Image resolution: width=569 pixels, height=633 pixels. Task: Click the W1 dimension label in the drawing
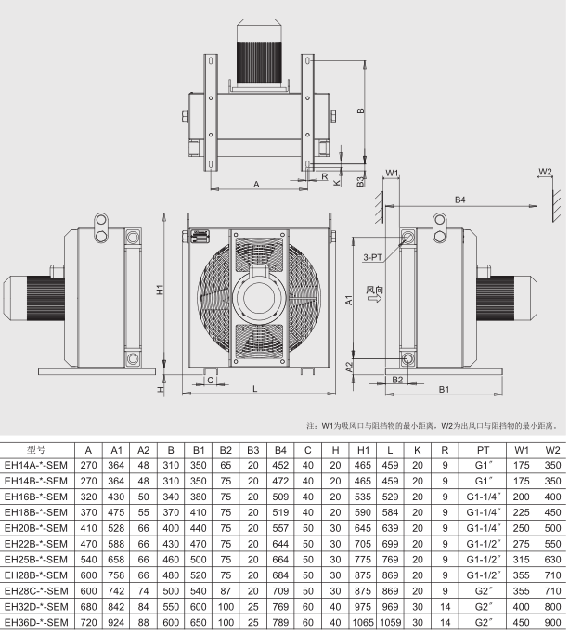pyautogui.click(x=392, y=173)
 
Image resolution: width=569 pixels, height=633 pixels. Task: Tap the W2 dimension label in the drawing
pyautogui.click(x=545, y=171)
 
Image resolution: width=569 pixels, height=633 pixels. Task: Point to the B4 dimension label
pyautogui.click(x=460, y=200)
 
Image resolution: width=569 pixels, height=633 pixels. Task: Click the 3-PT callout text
pyautogui.click(x=372, y=257)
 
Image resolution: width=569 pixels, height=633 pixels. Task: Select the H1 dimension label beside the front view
pyautogui.click(x=160, y=289)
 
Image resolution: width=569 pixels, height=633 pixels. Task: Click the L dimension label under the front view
pyautogui.click(x=255, y=389)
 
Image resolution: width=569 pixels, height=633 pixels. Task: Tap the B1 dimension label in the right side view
pyautogui.click(x=444, y=389)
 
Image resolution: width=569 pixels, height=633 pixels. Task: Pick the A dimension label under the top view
pyautogui.click(x=256, y=185)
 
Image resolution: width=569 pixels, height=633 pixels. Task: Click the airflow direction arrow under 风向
pyautogui.click(x=374, y=298)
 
